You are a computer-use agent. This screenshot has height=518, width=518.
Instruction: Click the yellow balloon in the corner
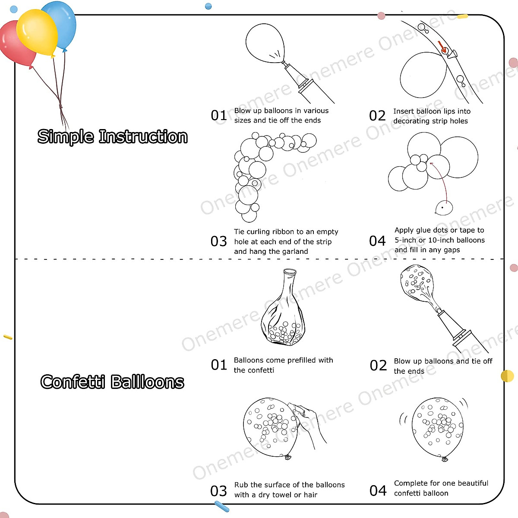coord(37,32)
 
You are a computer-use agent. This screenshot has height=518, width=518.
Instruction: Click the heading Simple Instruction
coord(112,137)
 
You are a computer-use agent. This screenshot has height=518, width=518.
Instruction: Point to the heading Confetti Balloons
coord(112,382)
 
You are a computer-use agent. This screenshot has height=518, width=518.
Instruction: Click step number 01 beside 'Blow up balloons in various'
coord(219,116)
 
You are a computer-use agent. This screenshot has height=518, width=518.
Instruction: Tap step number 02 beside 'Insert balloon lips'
coord(377,116)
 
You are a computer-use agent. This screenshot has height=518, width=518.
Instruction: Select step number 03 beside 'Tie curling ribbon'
coord(219,241)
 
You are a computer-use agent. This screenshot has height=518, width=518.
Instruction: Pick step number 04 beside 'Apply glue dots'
coord(377,241)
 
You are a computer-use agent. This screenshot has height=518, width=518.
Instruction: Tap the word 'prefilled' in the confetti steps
coord(301,360)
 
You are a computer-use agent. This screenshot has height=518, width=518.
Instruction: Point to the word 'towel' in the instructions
coord(282,495)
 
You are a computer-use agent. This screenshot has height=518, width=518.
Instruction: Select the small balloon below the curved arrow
coord(444,208)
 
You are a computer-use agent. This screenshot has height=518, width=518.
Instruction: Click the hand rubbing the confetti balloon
coord(309,421)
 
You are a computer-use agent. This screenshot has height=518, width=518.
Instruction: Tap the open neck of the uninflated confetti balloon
coord(289,272)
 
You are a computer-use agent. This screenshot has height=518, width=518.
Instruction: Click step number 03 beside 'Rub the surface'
coord(219,491)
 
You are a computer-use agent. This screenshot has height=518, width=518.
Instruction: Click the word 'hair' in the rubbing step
coord(310,495)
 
